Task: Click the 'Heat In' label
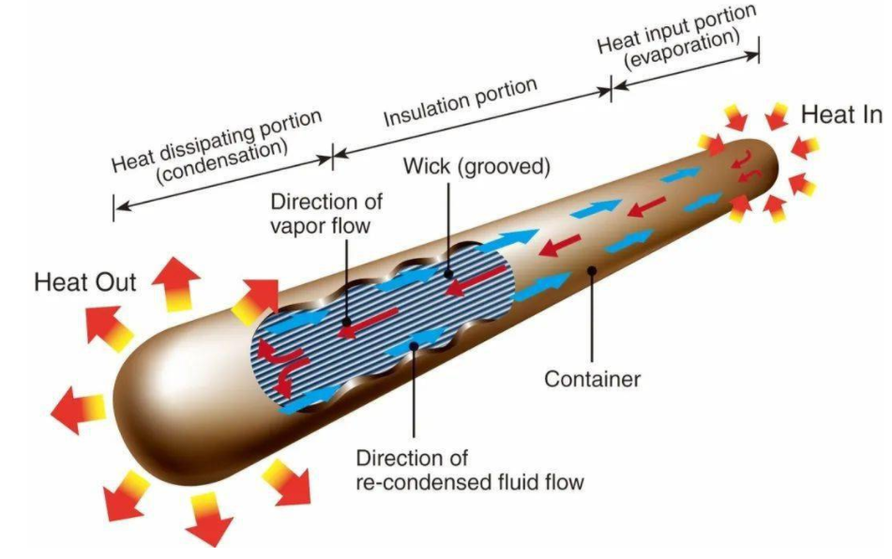(x=840, y=114)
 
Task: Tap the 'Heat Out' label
(x=84, y=281)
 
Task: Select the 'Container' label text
(x=593, y=380)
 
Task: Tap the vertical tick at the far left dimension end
(x=113, y=208)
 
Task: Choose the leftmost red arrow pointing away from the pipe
(x=75, y=409)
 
